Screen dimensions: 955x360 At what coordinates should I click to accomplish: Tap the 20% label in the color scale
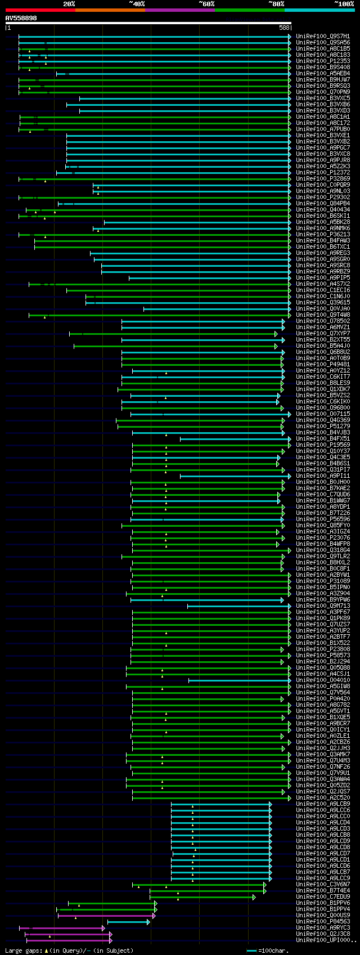pos(69,4)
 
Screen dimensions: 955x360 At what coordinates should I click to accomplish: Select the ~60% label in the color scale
pos(206,4)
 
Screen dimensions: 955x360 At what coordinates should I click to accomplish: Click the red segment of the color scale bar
pos(40,10)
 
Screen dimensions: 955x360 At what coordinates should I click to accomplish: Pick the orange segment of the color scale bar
pos(110,10)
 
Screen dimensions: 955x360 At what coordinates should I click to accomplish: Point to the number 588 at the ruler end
pos(284,28)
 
